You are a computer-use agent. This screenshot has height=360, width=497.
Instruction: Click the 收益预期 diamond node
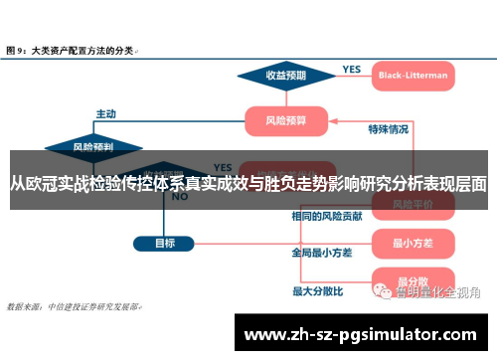[286, 75]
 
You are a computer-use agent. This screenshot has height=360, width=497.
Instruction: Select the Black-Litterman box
[413, 75]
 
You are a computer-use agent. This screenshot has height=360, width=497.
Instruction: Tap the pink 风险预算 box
[287, 121]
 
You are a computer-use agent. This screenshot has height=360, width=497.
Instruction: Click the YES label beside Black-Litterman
[352, 69]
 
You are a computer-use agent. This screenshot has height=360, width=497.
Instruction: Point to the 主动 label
[106, 112]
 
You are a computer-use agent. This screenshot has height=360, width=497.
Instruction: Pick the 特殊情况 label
[389, 128]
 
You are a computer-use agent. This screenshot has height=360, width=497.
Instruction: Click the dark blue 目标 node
[166, 243]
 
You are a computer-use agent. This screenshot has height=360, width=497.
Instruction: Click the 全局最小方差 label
[322, 253]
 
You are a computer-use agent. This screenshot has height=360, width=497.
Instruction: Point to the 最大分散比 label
[317, 291]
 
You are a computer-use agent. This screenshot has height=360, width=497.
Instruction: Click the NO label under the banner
[180, 197]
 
